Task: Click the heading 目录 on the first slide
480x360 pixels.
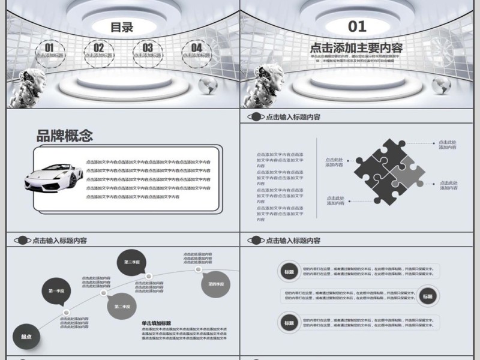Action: click(122, 27)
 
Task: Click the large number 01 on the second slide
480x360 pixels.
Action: click(357, 26)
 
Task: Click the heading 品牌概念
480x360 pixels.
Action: click(65, 136)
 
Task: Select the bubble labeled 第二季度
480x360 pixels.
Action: click(122, 306)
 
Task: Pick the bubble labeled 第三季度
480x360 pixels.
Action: click(132, 262)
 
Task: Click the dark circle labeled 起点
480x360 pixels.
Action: click(26, 337)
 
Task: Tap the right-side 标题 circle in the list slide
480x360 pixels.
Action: click(427, 296)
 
